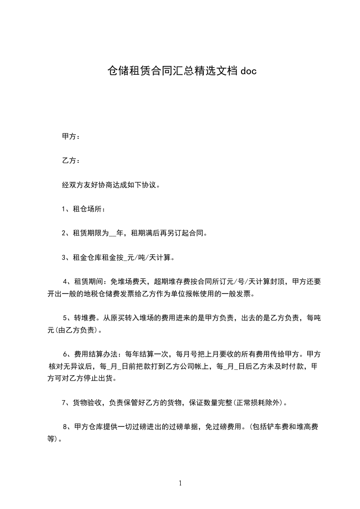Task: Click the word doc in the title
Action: [248, 71]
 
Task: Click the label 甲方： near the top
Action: [71, 137]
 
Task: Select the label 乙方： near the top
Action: [71, 161]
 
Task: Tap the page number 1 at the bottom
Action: [180, 483]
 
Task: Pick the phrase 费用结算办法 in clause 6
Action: [96, 354]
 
